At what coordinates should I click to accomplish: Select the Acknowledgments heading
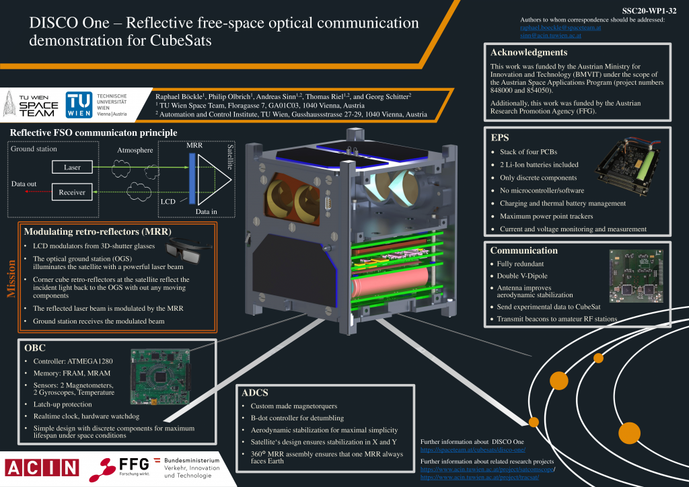529,52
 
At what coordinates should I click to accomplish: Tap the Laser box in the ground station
72,167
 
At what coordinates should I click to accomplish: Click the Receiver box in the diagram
72,192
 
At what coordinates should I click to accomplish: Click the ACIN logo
42,467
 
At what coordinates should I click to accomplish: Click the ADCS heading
255,393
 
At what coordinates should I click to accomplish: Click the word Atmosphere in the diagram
135,150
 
